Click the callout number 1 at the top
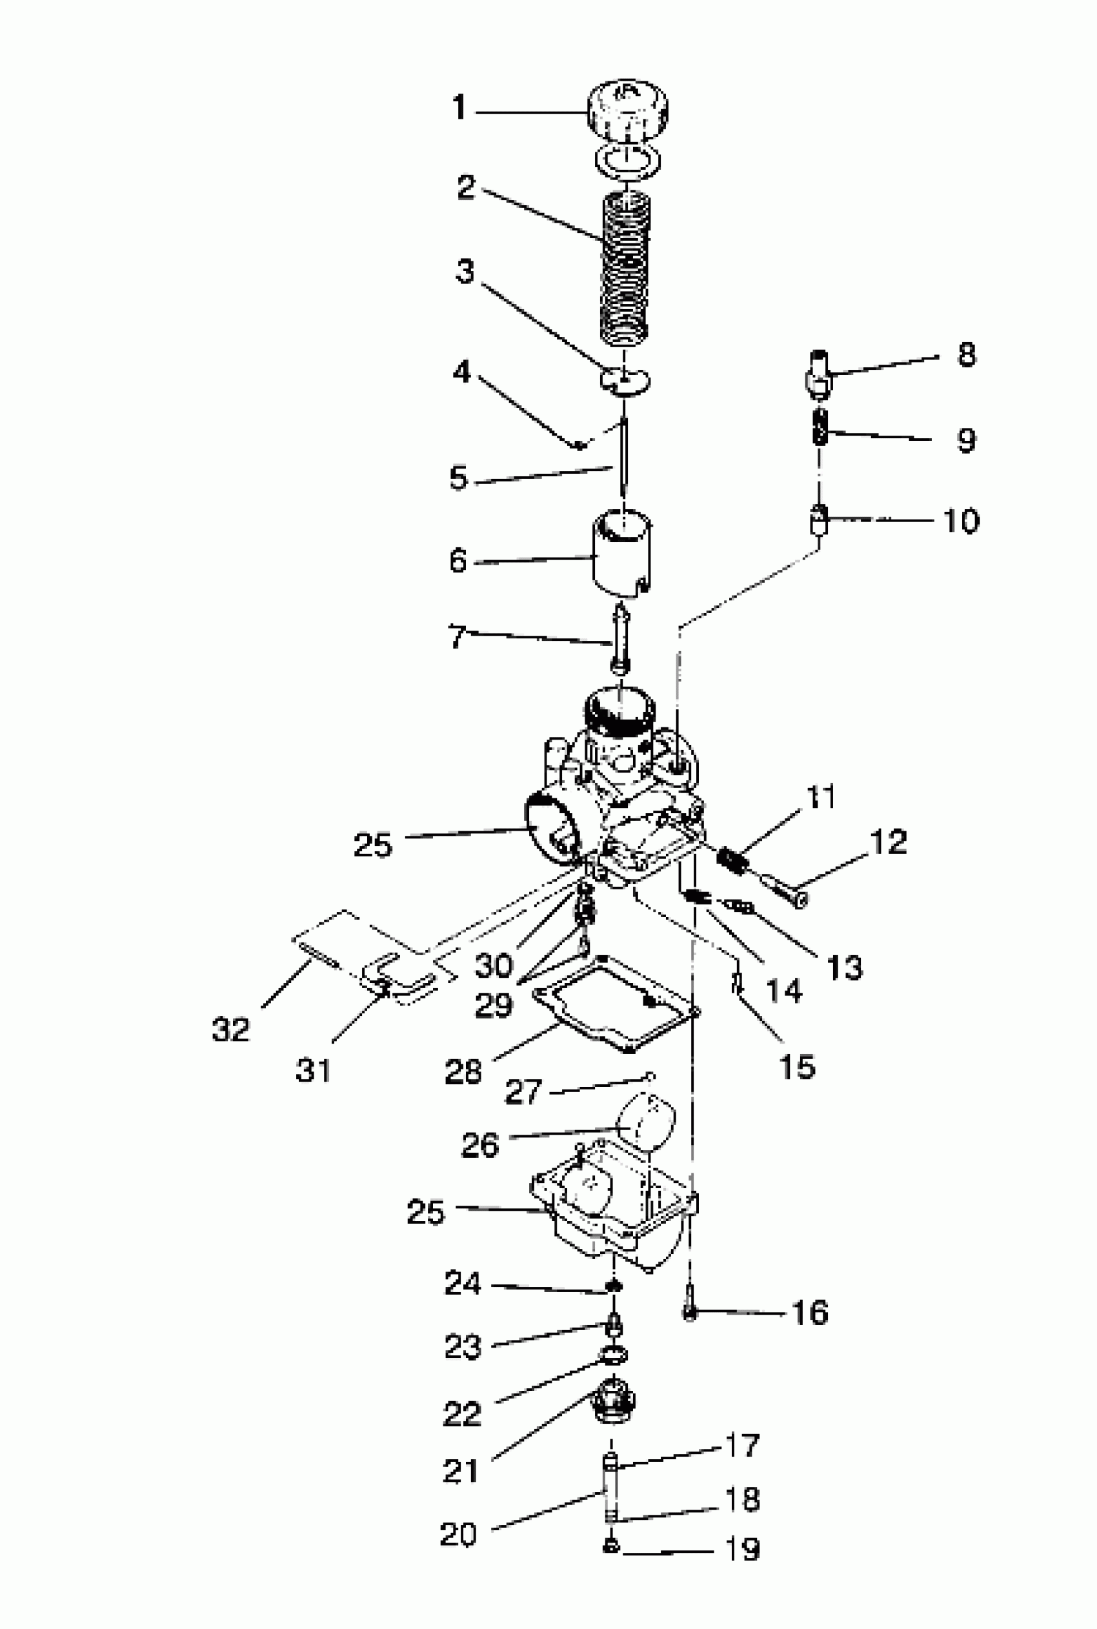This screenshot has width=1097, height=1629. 459,108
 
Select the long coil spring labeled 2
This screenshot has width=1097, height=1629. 625,269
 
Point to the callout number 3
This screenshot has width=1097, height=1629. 465,272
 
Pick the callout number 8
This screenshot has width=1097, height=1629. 966,355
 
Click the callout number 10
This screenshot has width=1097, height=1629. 961,521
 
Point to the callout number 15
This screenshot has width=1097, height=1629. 797,1066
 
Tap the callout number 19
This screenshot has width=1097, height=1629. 741,1549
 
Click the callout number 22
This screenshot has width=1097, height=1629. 463,1414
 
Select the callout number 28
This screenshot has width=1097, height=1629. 463,1071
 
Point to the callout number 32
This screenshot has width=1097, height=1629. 230,1029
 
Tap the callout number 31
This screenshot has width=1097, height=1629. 313,1069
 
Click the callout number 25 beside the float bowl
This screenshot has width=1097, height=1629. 425,1211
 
